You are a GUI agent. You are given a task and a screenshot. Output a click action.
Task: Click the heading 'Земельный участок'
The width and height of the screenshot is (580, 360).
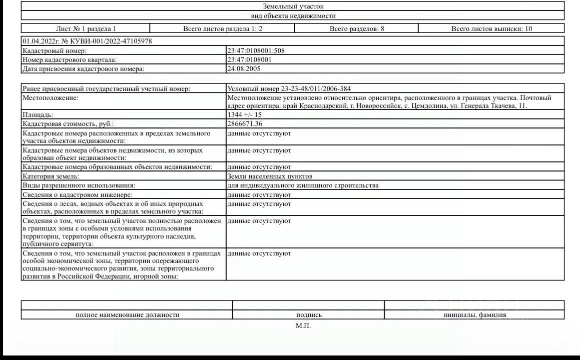(293, 6)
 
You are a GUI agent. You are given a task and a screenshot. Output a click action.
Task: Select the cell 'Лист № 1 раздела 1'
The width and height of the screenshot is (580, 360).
(86, 28)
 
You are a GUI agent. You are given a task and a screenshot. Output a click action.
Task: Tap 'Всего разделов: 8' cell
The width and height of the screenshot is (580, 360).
(357, 28)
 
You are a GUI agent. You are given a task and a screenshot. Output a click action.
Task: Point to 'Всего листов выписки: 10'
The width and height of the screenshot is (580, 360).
(491, 28)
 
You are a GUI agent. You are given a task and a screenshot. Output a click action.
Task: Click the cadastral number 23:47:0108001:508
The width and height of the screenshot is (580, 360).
(256, 50)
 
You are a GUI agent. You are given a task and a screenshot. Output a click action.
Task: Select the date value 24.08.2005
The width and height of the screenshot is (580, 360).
(244, 68)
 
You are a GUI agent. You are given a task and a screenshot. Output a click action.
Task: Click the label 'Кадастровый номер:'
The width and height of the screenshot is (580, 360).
(55, 50)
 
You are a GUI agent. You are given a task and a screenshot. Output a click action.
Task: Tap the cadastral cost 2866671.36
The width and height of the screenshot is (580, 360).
(245, 123)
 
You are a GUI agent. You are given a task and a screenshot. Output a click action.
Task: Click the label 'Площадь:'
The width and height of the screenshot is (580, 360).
(38, 114)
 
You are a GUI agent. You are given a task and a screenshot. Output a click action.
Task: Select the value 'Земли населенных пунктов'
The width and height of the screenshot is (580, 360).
(269, 176)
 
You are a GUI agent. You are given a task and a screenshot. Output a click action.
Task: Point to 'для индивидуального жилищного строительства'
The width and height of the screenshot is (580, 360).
(302, 185)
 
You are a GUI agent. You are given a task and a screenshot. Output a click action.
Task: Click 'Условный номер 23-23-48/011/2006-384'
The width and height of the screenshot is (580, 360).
(292, 88)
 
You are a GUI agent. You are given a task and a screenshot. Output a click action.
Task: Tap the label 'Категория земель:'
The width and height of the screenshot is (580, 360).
(51, 176)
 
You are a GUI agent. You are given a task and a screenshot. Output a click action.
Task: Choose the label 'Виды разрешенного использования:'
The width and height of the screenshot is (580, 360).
(72, 185)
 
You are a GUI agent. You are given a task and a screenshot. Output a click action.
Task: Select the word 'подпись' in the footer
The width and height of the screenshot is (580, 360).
(309, 315)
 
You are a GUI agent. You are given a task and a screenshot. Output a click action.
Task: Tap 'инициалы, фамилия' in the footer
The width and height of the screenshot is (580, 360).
(474, 315)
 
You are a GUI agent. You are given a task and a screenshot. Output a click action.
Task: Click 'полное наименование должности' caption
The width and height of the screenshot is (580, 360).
(127, 315)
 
